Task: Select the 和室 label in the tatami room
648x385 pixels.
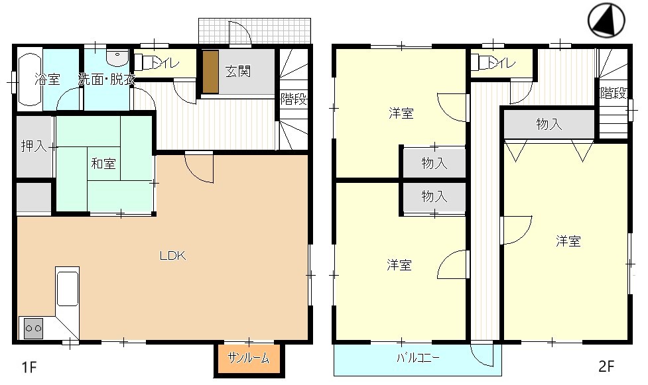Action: tap(102, 164)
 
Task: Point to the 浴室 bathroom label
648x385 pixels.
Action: tap(47, 80)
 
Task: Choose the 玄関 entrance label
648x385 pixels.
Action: tap(237, 71)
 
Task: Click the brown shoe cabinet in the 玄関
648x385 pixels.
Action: tap(210, 72)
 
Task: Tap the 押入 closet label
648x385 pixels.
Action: tap(33, 146)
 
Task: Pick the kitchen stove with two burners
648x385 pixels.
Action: tap(33, 327)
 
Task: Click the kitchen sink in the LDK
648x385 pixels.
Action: tap(67, 289)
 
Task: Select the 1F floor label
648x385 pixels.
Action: tap(26, 366)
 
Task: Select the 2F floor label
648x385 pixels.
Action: tap(606, 366)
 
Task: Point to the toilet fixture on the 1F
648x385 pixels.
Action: tap(142, 63)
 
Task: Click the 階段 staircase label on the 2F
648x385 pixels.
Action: tap(614, 93)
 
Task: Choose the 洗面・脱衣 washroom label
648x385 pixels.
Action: tap(106, 80)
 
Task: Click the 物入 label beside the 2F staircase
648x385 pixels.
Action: tap(549, 124)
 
